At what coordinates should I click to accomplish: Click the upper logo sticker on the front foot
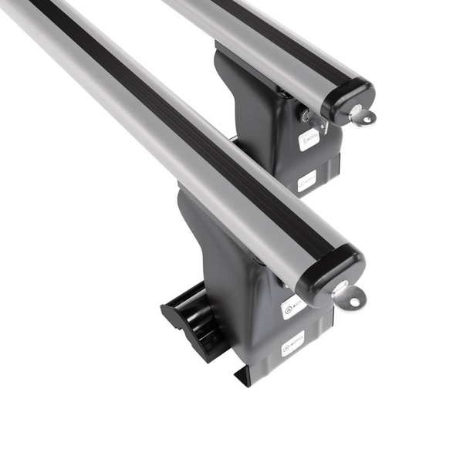pos(292,306)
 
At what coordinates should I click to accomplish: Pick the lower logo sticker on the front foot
pos(292,342)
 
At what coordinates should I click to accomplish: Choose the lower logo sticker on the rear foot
pos(307,182)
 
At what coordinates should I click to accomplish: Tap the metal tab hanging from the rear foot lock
pos(318,123)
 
